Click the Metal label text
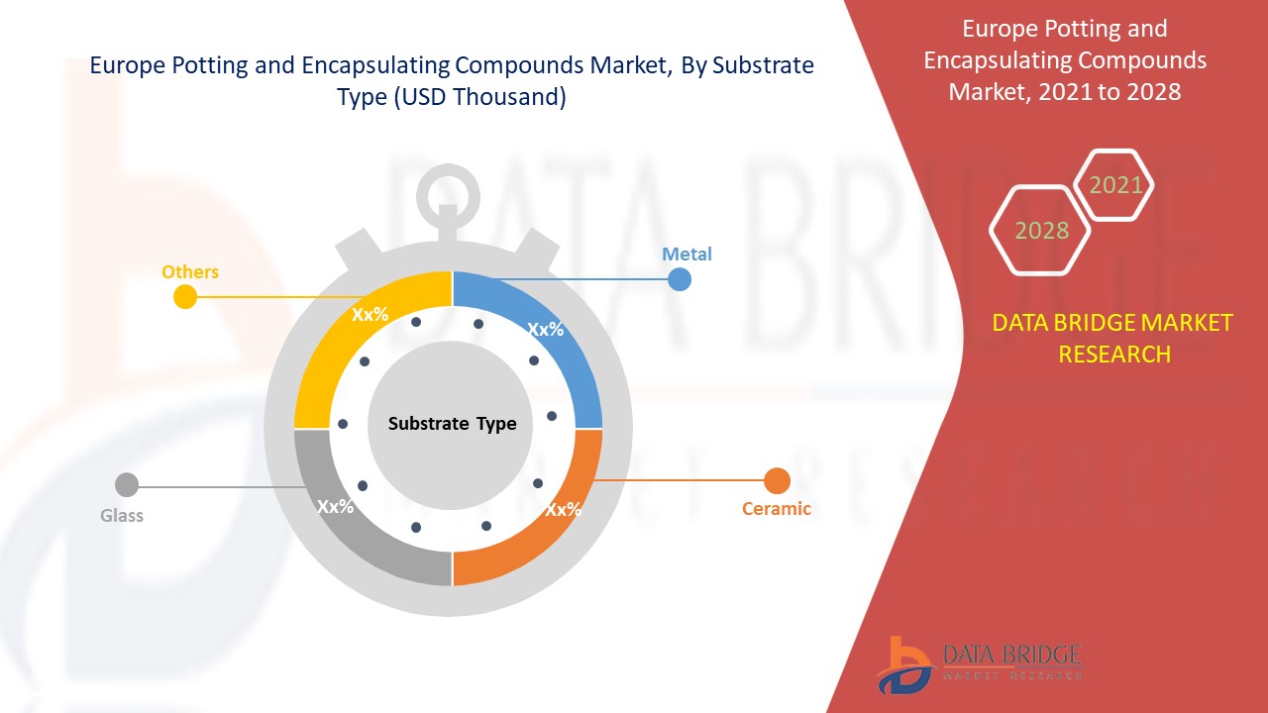687,254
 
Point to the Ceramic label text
776,509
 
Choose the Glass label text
122,515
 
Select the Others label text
190,271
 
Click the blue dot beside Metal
679,279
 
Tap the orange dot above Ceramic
778,481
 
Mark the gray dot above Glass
127,485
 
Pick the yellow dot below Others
185,297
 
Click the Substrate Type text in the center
452,424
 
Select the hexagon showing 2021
1115,184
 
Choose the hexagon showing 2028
1041,230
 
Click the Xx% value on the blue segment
545,330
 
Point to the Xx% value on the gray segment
336,507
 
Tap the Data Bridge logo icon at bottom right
903,663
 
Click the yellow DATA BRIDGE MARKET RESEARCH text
1112,338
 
